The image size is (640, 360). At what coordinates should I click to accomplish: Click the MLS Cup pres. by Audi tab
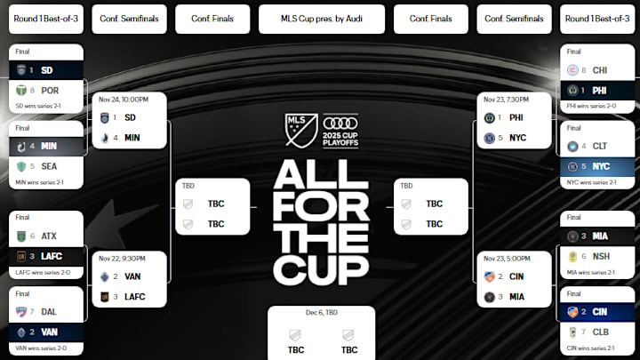coord(321,18)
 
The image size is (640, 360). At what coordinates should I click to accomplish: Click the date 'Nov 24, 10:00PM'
coord(123,100)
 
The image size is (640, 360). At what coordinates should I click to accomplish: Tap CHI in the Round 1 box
coord(601,69)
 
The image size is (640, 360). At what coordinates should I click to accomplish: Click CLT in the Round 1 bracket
coord(601,146)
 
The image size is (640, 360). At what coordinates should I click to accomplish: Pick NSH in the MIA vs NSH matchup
coord(601,255)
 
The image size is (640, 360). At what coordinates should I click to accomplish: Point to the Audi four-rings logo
coord(337,124)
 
